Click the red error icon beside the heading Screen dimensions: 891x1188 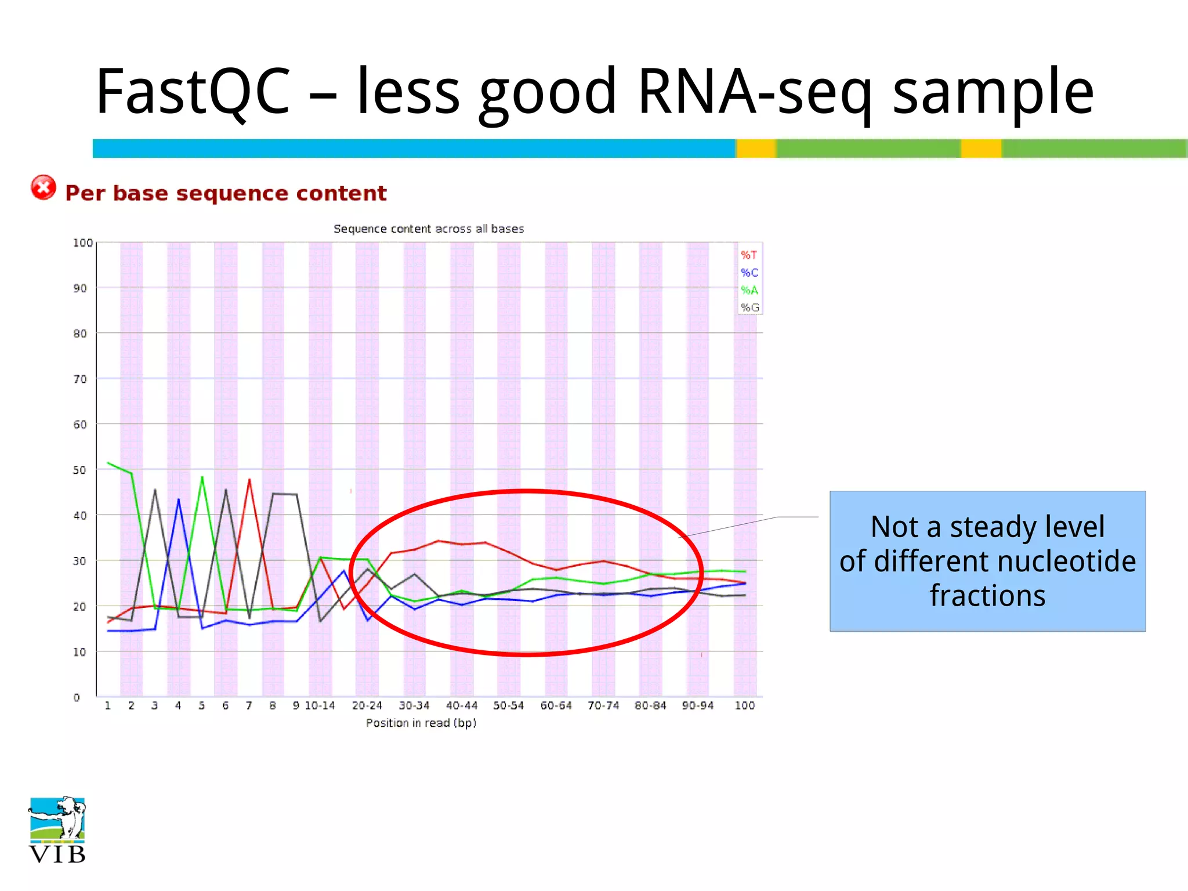tap(44, 187)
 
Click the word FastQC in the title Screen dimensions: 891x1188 tap(193, 92)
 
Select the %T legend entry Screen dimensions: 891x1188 tap(749, 255)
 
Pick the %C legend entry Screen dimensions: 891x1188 tap(749, 273)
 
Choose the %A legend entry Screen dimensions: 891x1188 tap(749, 290)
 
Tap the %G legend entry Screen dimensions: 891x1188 tap(749, 307)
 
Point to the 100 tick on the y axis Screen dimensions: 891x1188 tap(82, 242)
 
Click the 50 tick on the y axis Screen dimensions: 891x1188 tap(79, 470)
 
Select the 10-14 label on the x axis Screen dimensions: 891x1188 tap(320, 705)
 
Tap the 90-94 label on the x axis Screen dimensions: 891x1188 tap(697, 705)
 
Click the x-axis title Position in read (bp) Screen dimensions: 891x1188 tap(421, 723)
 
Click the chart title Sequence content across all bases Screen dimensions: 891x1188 tap(429, 229)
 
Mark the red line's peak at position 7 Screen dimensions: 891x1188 tap(249, 480)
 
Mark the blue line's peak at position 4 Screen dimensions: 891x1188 tap(179, 499)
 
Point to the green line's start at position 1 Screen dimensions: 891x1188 tap(108, 463)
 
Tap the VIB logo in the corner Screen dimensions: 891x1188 tap(57, 830)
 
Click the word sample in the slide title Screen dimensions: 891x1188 tap(993, 92)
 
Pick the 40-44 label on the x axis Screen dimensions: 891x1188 tap(461, 705)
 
